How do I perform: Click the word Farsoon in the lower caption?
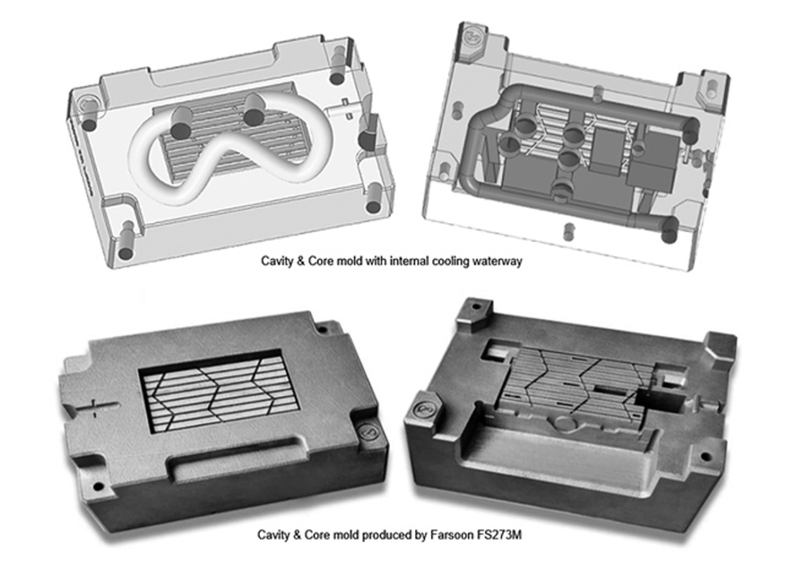(449, 534)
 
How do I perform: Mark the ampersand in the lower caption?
(296, 534)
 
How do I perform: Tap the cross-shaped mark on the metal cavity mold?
(94, 407)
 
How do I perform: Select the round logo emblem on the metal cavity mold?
(368, 432)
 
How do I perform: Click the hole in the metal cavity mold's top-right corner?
(322, 330)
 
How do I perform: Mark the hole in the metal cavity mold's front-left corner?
(98, 486)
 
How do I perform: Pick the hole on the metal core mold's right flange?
(706, 457)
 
